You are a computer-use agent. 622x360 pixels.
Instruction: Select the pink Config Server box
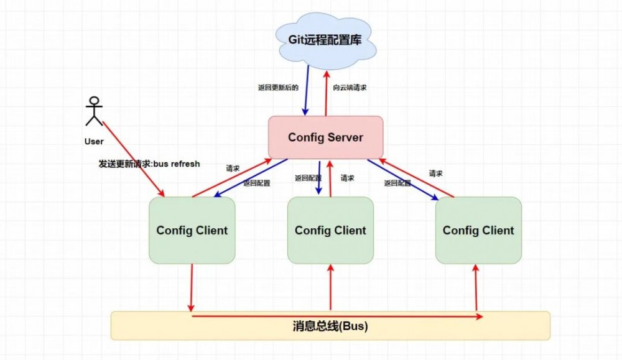point(325,137)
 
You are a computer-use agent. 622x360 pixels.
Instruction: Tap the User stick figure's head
point(94,101)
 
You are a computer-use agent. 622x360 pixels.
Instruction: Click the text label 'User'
point(94,142)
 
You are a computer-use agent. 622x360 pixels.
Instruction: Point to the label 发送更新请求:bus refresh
point(149,164)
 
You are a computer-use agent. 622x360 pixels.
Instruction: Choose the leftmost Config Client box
point(192,230)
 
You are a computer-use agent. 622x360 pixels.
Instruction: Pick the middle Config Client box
point(330,230)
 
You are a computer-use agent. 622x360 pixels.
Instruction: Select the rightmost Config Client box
point(478,230)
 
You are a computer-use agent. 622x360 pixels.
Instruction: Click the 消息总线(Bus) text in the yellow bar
point(330,326)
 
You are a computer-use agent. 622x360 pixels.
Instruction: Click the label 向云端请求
point(350,88)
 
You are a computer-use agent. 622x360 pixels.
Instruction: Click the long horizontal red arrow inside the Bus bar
point(336,316)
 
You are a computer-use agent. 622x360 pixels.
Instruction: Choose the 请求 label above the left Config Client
point(233,168)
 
